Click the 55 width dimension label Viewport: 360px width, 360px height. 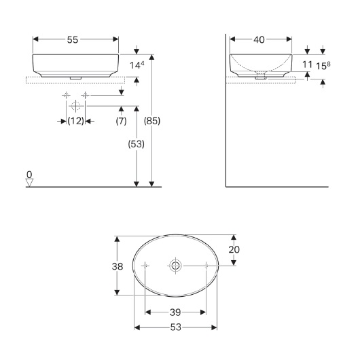point(73,39)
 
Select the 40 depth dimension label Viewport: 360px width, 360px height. point(259,39)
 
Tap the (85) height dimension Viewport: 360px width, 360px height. point(152,121)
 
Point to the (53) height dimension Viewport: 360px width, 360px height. point(136,144)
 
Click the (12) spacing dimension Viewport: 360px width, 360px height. point(76,121)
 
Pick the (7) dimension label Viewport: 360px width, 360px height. point(121,121)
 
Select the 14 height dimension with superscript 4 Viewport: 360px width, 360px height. point(137,65)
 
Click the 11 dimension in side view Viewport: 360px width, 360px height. point(307,65)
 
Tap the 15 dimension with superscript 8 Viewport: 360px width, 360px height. point(323,66)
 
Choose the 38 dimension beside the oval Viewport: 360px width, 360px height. point(118,266)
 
